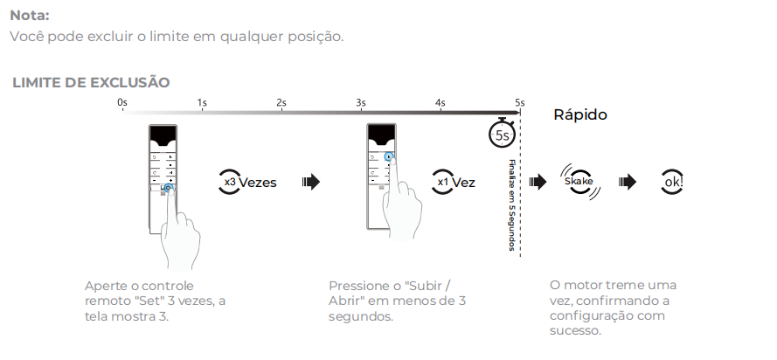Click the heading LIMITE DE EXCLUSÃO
91,82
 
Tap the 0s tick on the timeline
122,103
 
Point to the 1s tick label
202,103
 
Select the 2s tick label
281,103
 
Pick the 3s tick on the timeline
361,103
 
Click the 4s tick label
441,103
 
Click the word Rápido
580,115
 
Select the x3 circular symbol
230,183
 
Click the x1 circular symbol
443,183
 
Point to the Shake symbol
579,182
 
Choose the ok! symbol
672,183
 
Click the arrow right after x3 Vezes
310,183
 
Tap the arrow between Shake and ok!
628,183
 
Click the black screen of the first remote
163,135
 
